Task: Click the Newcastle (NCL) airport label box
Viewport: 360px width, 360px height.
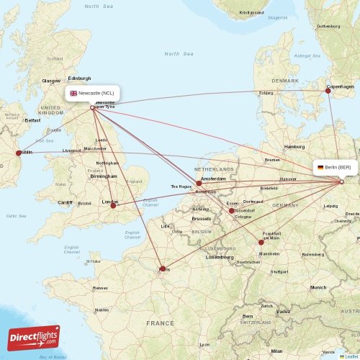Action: point(93,93)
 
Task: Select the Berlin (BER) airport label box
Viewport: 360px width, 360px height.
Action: point(335,167)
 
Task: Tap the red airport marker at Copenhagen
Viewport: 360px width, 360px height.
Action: point(328,90)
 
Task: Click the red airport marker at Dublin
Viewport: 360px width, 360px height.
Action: point(19,153)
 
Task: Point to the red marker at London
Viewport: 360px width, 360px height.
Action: point(113,205)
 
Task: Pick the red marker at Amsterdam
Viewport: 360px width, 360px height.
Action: point(199,184)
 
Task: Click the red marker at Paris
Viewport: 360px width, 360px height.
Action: point(162,270)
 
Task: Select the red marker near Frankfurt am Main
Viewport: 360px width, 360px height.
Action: point(261,242)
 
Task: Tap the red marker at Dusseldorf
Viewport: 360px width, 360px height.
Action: point(231,211)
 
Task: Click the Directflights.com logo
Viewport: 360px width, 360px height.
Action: point(34,336)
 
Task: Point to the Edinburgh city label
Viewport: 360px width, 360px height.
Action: point(79,78)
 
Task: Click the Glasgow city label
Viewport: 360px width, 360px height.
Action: point(51,81)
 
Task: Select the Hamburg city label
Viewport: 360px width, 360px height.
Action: point(294,146)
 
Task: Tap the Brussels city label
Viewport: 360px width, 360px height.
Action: point(202,217)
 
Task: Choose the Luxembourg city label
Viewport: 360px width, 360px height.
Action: point(220,256)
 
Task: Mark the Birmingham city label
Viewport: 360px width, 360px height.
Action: point(104,176)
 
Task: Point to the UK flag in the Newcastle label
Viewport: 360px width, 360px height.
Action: point(73,93)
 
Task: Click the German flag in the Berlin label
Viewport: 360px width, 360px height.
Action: point(320,167)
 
